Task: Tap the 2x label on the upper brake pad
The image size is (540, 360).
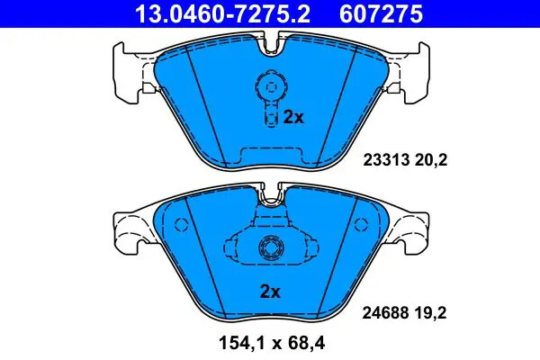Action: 294,117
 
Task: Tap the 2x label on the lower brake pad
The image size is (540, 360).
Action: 270,291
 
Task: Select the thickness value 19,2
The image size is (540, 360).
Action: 431,315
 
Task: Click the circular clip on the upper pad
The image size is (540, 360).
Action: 267,86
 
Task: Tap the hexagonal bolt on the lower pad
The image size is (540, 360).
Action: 268,249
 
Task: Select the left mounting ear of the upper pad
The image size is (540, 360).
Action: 127,73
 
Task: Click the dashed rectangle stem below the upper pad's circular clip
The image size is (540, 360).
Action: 268,114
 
